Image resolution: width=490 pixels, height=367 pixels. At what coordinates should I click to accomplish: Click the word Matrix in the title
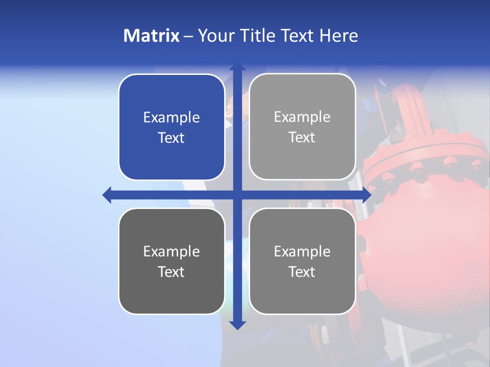click(x=151, y=36)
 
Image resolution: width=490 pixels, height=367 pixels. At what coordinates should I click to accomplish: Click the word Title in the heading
click(x=258, y=36)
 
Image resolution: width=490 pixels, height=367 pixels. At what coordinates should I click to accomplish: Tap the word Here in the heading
click(x=338, y=36)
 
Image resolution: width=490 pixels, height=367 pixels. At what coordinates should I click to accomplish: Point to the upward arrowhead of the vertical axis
click(x=237, y=67)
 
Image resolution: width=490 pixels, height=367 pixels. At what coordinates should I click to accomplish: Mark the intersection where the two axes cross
click(x=237, y=195)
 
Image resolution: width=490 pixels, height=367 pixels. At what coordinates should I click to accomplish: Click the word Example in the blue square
click(x=171, y=118)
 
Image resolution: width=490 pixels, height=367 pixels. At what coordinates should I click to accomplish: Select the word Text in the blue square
click(x=171, y=138)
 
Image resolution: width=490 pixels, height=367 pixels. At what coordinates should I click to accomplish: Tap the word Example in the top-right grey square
click(x=302, y=117)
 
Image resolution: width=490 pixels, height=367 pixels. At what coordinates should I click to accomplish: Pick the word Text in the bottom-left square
click(x=171, y=272)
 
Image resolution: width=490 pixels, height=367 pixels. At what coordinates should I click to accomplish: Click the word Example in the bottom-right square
click(x=302, y=251)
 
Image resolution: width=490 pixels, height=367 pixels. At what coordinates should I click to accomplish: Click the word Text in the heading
click(x=298, y=36)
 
